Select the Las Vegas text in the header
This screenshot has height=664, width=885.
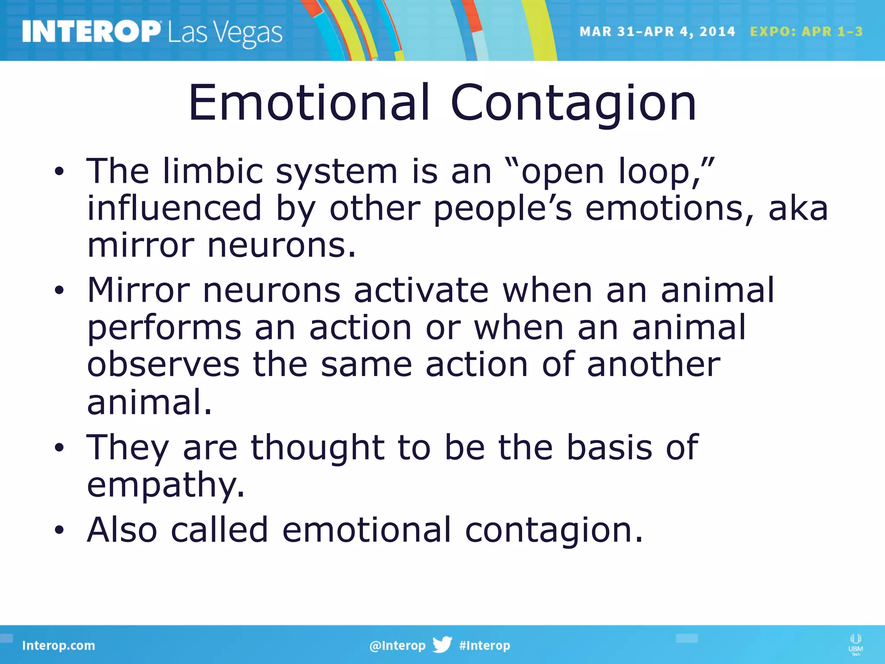pyautogui.click(x=225, y=33)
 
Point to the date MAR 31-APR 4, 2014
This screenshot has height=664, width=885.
pyautogui.click(x=657, y=32)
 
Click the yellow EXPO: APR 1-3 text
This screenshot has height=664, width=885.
pyautogui.click(x=806, y=32)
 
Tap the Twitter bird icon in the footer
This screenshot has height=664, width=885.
pyautogui.click(x=442, y=645)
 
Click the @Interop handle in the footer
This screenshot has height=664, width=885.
pyautogui.click(x=397, y=645)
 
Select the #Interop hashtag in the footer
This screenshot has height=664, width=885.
pyautogui.click(x=484, y=645)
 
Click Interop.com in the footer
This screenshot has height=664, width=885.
pyautogui.click(x=58, y=645)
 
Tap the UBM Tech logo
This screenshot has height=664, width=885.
pyautogui.click(x=855, y=644)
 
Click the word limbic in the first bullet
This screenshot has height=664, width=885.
pyautogui.click(x=213, y=171)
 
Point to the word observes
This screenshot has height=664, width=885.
pyautogui.click(x=163, y=364)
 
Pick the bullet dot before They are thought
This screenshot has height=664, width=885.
pyautogui.click(x=59, y=448)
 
